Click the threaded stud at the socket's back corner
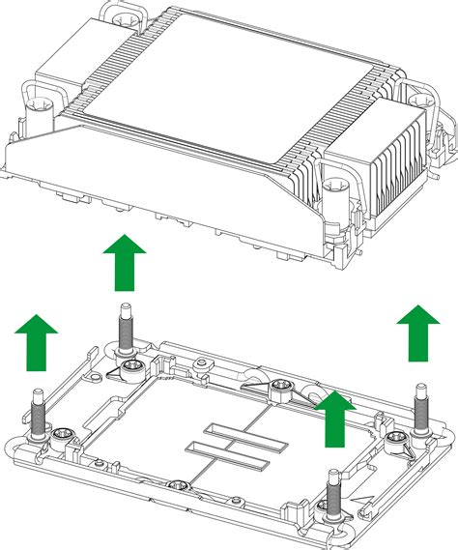click(125, 329)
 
